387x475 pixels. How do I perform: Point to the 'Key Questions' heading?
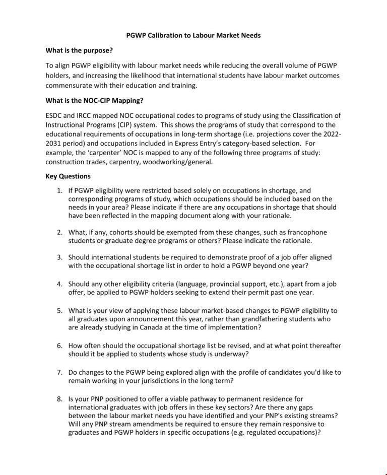click(68, 176)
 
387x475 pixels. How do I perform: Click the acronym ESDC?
click(54, 115)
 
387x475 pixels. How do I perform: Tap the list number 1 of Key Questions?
click(59, 191)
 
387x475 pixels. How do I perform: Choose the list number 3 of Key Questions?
click(59, 257)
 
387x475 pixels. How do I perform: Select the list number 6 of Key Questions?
click(59, 346)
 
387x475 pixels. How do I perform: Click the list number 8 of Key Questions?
click(59, 399)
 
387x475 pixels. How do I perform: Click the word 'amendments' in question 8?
click(126, 424)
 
